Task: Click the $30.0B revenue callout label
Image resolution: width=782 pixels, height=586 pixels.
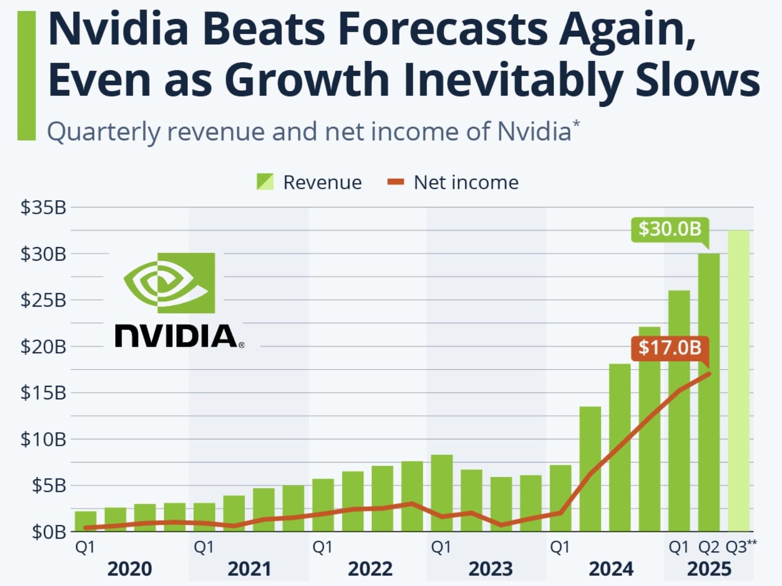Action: coord(670,229)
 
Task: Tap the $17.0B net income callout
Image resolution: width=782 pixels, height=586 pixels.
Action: coord(670,348)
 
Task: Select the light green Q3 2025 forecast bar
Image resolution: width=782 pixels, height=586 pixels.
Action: coord(739,381)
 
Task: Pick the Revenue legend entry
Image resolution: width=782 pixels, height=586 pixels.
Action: coord(309,182)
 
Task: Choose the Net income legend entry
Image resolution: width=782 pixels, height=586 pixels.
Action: coord(453,182)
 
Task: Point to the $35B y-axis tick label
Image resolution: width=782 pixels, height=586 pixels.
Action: coord(43,207)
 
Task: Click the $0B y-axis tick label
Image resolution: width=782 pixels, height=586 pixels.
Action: coord(49,532)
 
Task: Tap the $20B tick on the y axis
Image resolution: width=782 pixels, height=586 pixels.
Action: coord(43,346)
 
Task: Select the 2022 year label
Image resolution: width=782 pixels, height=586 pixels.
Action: coord(370,569)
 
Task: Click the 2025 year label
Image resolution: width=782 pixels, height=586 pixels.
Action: coord(709,569)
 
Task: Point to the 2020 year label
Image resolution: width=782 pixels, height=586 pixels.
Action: coord(129,569)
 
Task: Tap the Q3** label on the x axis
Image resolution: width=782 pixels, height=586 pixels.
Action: coord(741,547)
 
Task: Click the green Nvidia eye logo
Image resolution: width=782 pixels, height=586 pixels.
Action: coord(169,283)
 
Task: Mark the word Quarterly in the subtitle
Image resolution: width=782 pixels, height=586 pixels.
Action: coord(103,131)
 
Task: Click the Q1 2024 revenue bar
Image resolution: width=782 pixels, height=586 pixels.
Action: coord(560,498)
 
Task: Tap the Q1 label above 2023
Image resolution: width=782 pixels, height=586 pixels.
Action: coord(441,547)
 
